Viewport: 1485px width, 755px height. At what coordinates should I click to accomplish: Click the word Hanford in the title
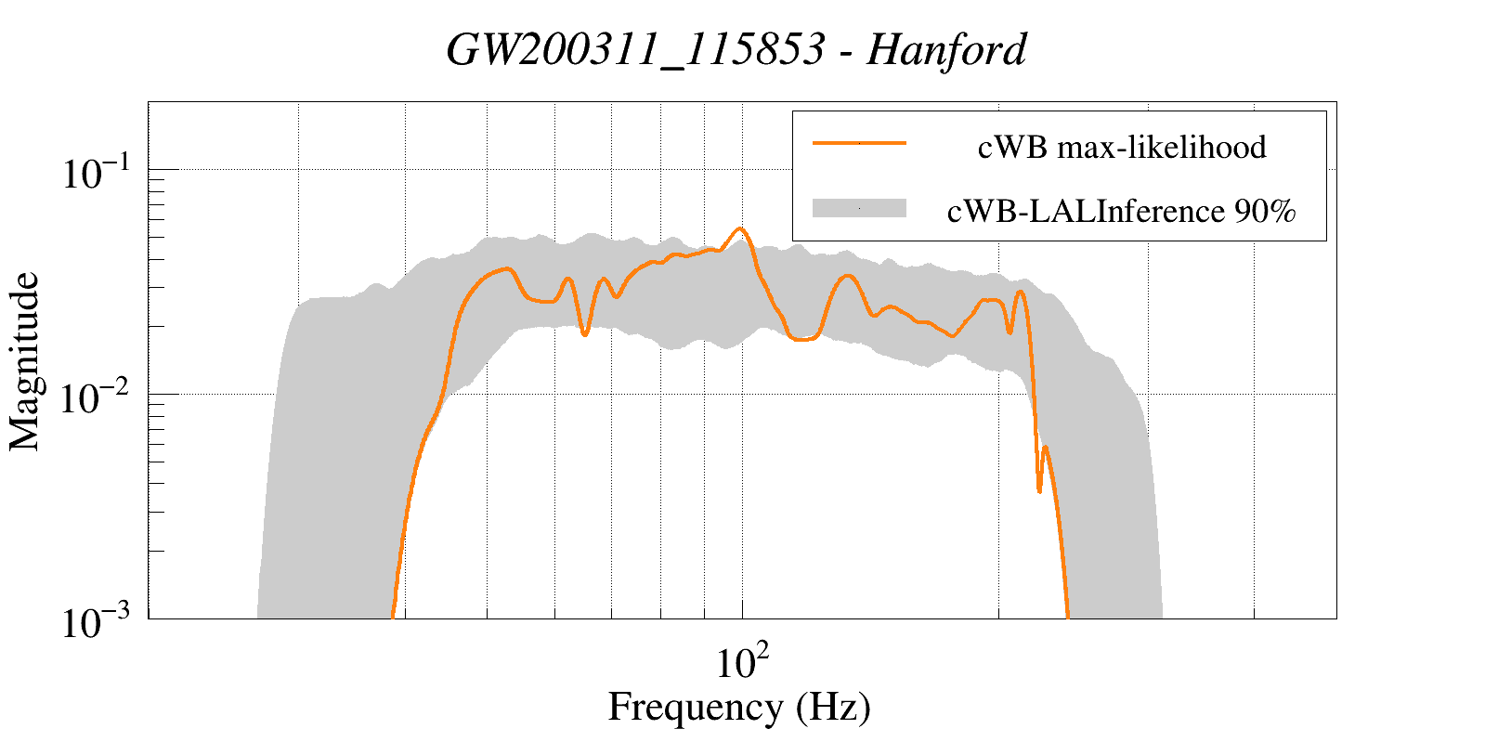tap(946, 50)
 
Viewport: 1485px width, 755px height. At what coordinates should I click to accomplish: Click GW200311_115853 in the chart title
tap(635, 50)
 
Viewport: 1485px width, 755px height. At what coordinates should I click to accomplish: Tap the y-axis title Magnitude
tap(25, 361)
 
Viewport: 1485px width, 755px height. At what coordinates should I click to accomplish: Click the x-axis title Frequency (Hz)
tap(739, 707)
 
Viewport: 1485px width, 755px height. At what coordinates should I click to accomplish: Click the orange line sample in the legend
tap(859, 144)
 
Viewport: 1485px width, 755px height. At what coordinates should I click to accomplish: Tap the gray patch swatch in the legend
tap(859, 209)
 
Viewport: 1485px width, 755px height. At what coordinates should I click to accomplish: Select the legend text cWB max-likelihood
tap(1122, 147)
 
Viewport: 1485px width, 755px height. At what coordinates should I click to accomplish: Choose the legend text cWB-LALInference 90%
tap(1122, 212)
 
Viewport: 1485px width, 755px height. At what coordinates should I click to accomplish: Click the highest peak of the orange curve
tap(740, 228)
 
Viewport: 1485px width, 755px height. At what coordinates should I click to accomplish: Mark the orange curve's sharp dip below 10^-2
tap(1039, 490)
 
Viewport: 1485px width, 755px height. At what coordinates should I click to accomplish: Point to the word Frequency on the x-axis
tap(696, 707)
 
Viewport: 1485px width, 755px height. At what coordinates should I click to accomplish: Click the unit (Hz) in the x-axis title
tap(833, 707)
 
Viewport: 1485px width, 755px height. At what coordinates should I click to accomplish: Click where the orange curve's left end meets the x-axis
tap(393, 617)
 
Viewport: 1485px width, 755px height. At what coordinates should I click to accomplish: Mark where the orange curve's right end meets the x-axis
tap(1067, 617)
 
